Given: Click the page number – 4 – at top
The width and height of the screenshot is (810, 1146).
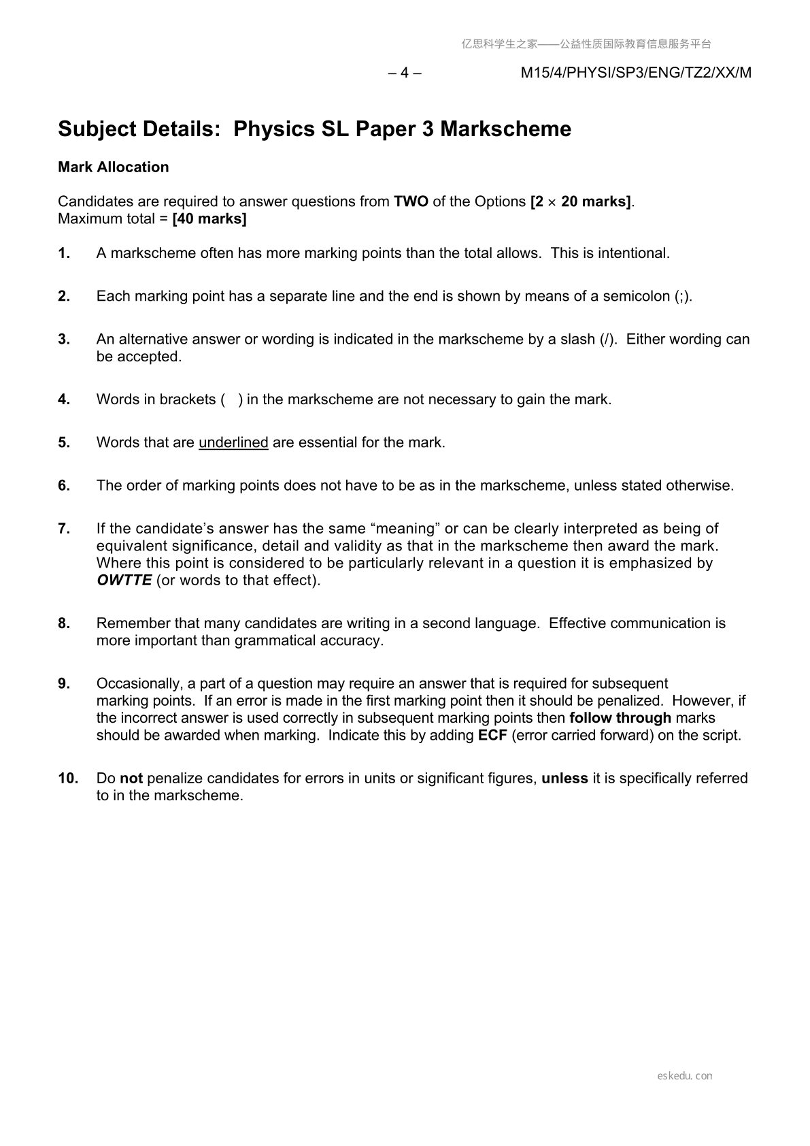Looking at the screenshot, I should coord(405,73).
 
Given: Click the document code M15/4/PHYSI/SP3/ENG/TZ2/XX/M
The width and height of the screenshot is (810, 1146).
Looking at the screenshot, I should coord(636,73).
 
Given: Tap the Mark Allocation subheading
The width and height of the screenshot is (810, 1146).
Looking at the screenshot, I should coord(113,167).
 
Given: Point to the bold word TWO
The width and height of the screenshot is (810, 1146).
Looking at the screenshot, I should coord(411,201).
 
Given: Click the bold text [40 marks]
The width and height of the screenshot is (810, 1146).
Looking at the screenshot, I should coord(209,219).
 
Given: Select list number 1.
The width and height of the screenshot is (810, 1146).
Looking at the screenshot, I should coord(64,253).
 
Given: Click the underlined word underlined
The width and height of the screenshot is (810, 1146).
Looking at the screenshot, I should coord(233,442).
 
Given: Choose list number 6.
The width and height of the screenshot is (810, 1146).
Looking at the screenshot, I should coord(64,485).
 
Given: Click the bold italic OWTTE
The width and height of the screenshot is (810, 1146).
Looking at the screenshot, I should coord(124,580).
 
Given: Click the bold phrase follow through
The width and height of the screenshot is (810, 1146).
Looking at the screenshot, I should coord(620,718).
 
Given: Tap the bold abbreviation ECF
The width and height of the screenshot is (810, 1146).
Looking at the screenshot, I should coord(492,735).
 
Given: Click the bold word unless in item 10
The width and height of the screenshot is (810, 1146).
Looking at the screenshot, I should coord(564,778).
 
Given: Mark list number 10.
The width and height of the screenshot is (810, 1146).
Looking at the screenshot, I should coord(68,778).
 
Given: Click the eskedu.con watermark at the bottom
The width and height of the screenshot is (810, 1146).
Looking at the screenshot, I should coord(685,1076).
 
